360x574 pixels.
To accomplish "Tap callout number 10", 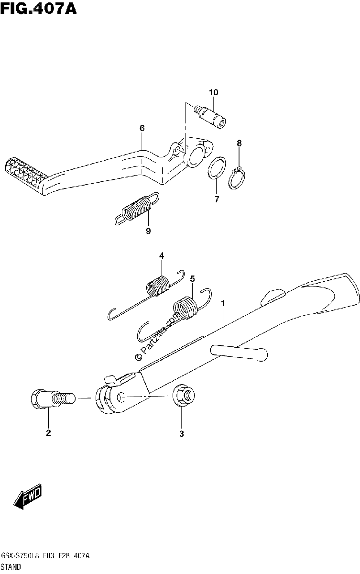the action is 214,92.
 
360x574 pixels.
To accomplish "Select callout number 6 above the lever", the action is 142,128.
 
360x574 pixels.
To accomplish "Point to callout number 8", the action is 239,143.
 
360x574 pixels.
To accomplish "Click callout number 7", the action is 217,199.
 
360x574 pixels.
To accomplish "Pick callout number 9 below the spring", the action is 148,231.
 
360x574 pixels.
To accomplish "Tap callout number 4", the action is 161,255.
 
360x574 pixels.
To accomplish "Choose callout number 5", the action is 192,278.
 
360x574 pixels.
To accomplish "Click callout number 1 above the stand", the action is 223,303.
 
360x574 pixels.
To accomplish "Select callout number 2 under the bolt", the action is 48,433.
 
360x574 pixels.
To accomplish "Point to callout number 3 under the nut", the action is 182,434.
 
